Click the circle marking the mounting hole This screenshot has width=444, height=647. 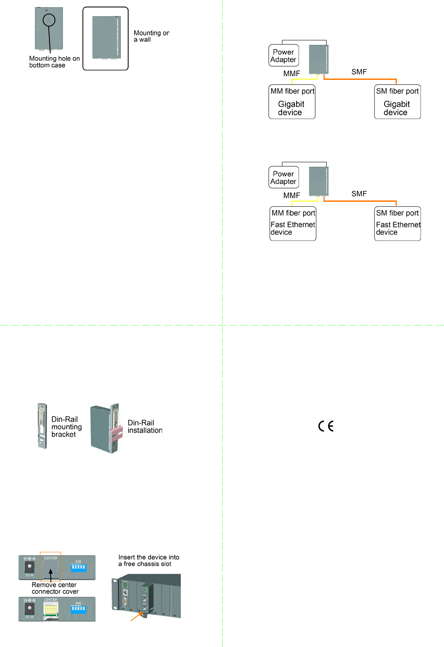pos(49,20)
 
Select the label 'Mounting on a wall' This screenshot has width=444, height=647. pos(151,36)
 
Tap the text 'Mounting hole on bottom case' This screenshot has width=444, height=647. pos(54,62)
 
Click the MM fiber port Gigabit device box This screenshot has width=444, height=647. pos(292,102)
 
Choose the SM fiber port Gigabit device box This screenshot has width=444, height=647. pos(397,102)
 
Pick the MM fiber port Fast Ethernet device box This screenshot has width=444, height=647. pos(293,224)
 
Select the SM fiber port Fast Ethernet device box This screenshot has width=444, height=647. pos(397,224)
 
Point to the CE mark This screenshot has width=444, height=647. pos(326,426)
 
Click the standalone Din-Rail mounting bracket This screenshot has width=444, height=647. pos(42,426)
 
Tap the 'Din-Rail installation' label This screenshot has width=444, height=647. pos(145,427)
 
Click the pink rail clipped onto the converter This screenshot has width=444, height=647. pos(116,433)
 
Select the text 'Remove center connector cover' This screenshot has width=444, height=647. pos(55,588)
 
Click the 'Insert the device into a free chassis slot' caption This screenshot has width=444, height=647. pos(149,561)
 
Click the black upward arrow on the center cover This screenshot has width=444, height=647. pos(51,573)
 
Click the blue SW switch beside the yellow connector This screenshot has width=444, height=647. pos(78,609)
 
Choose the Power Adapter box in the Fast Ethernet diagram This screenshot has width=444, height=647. pos(283,178)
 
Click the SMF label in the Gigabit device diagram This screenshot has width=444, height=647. pos(359,72)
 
